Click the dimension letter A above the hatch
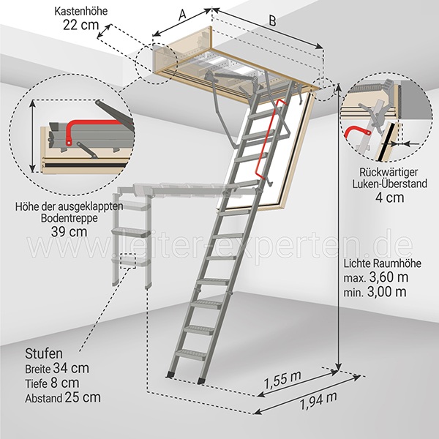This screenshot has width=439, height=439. tap(182, 15)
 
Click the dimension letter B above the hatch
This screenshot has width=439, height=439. tap(272, 20)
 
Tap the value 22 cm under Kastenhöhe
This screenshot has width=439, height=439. tap(81, 25)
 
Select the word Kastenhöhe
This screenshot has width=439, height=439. tap(81, 11)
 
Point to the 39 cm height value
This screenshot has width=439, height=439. tap(69, 231)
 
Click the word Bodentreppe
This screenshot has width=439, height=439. tap(70, 218)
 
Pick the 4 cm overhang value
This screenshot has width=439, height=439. tap(390, 198)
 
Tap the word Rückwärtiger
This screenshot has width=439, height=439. tap(389, 172)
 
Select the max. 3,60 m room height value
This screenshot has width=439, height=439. tap(376, 277)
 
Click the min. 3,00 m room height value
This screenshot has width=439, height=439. tap(375, 292)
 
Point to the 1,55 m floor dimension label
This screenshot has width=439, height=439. tap(282, 380)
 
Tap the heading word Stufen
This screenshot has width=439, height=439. tap(44, 353)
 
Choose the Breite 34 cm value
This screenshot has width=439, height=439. tap(57, 368)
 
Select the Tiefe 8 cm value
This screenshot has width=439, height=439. tap(52, 383)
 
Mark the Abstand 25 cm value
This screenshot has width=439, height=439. tap(63, 397)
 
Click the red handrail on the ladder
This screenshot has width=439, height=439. tap(269, 139)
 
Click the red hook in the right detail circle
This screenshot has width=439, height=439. tap(356, 132)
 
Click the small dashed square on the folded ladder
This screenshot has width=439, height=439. tap(128, 261)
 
